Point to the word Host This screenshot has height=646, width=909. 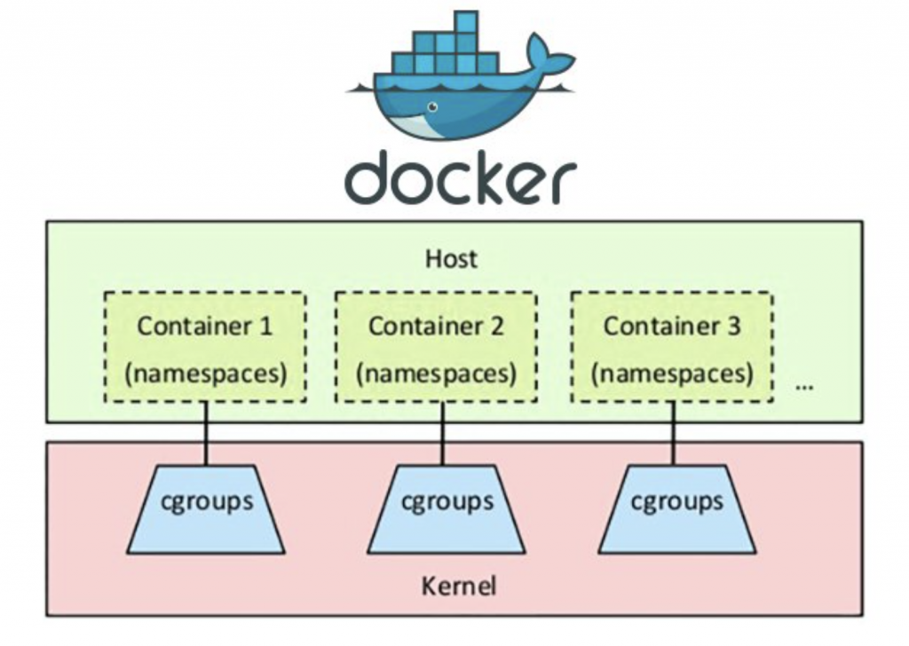coord(451,258)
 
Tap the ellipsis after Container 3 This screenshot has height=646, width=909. coord(805,387)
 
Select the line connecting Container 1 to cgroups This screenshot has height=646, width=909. coord(206,432)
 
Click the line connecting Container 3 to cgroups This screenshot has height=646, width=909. coord(671,432)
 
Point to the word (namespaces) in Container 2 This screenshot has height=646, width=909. coord(436,374)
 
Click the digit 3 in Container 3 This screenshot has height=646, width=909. coord(732,326)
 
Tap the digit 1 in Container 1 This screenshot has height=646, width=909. coord(265,326)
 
